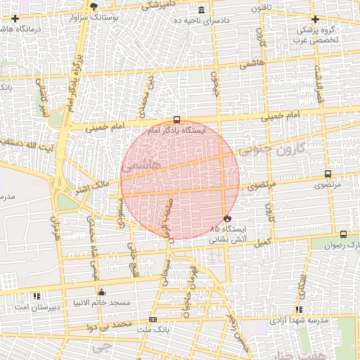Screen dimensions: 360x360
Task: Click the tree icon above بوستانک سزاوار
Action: [95, 6]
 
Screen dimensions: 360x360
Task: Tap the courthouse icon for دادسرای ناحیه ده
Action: [202, 10]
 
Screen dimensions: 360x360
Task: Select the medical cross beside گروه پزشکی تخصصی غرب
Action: [315, 19]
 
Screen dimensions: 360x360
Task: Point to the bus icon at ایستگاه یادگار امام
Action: [176, 120]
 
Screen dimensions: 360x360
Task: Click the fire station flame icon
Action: [226, 218]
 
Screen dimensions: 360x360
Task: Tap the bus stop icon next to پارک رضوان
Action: [343, 234]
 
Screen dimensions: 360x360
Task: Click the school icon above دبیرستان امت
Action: [37, 295]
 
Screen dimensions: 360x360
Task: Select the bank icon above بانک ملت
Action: [153, 319]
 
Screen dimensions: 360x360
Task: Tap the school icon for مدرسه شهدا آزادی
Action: [300, 309]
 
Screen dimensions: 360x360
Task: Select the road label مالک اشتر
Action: [89, 187]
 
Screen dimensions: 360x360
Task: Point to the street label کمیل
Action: [262, 242]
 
